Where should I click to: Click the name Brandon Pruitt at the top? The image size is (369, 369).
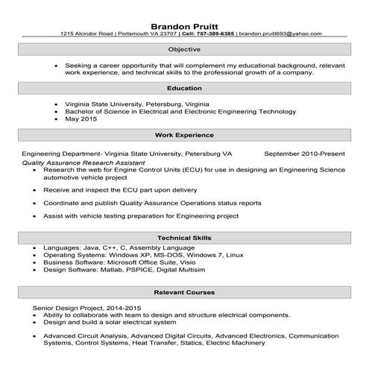point(184,22)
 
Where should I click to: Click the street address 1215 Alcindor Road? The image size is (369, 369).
point(87,34)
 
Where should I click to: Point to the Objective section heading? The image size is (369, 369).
point(184,49)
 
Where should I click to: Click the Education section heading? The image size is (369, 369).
point(184,89)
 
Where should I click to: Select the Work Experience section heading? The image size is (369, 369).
point(184,136)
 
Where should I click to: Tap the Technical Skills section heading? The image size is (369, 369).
point(184,237)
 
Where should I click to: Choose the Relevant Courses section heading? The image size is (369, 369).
point(184,291)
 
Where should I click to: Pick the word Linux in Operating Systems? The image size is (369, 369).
point(236,255)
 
